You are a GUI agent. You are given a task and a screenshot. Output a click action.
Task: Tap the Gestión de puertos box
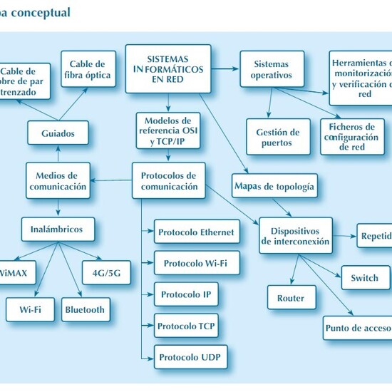278,137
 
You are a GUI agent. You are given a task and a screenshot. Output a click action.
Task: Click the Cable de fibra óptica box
87,68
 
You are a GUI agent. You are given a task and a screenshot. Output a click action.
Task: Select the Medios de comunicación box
58,181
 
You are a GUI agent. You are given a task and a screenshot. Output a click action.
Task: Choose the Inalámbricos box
57,229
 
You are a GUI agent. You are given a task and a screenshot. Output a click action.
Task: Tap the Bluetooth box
85,309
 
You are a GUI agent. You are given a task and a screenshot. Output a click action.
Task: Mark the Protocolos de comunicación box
168,181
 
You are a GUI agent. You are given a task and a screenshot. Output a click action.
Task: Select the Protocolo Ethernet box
196,232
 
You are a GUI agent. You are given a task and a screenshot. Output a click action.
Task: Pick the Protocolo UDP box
191,356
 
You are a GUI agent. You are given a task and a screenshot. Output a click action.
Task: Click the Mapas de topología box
274,187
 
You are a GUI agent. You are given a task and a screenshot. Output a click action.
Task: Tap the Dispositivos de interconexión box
296,236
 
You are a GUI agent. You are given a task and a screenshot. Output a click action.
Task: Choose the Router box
290,298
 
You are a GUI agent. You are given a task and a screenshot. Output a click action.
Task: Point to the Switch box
364,277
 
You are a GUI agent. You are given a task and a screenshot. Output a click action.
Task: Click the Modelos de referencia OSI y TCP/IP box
167,130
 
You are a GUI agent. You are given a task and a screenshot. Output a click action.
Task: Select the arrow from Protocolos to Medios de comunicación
111,181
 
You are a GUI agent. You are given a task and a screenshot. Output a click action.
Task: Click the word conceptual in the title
42,12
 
